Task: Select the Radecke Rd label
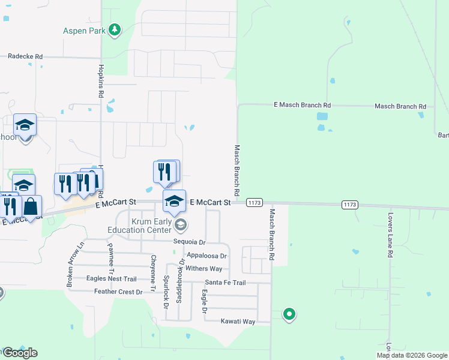25,56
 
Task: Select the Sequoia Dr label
189,242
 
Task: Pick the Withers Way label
204,269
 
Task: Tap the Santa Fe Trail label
225,283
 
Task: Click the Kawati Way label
238,322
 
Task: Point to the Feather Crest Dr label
118,292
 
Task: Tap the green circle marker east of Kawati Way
289,313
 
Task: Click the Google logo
19,353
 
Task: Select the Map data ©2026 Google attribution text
411,355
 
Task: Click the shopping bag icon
31,206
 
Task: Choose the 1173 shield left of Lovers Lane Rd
350,205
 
